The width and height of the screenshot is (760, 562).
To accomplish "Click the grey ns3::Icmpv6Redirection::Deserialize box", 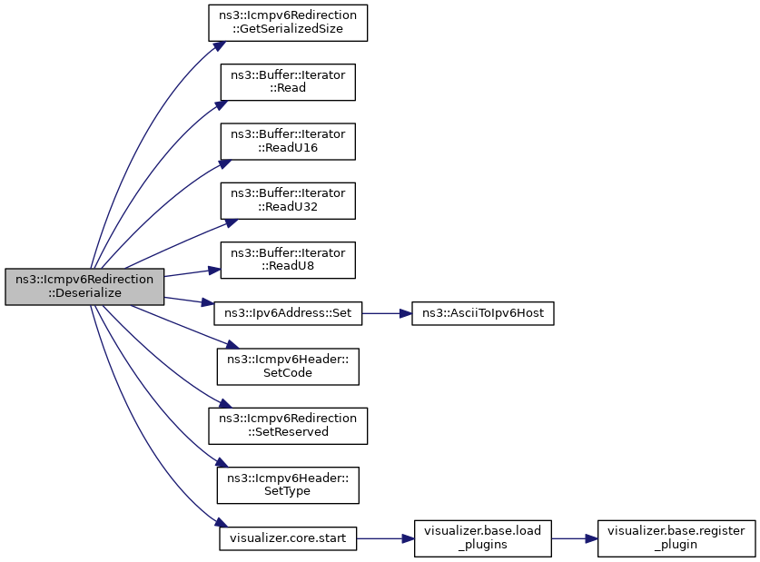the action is point(84,286).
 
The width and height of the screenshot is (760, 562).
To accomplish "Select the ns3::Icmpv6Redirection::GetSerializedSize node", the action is point(288,23).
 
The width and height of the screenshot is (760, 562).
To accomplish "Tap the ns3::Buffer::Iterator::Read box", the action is point(288,82).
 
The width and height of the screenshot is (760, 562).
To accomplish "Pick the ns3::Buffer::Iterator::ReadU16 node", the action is point(288,142).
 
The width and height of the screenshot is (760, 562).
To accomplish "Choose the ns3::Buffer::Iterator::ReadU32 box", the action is point(288,201).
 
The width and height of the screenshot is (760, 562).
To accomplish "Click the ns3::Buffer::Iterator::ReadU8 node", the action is point(288,261).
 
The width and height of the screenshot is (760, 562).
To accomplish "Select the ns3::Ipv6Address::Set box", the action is point(288,313).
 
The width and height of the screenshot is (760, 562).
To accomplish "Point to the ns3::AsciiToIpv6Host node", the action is point(483,313).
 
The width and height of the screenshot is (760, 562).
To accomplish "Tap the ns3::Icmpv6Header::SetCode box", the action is point(288,367).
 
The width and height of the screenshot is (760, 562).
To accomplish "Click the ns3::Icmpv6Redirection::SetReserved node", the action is point(288,426).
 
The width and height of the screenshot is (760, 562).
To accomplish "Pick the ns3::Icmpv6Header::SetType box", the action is point(288,485).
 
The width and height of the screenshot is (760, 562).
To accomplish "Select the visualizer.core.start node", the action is point(288,538).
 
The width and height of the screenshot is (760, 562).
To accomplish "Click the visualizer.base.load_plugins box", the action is point(483,538).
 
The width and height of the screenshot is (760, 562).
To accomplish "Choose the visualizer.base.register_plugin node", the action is point(676,538).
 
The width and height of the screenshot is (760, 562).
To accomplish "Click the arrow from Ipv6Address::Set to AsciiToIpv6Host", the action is point(387,313).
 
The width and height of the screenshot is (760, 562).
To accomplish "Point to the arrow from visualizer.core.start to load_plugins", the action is point(385,538).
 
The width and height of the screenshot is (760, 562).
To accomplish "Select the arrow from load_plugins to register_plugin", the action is point(575,538).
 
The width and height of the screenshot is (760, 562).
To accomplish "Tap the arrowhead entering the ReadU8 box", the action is point(214,271).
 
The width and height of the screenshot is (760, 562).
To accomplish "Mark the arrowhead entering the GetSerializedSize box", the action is point(219,45).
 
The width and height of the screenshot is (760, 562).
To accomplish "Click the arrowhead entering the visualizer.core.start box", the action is point(221,522).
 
